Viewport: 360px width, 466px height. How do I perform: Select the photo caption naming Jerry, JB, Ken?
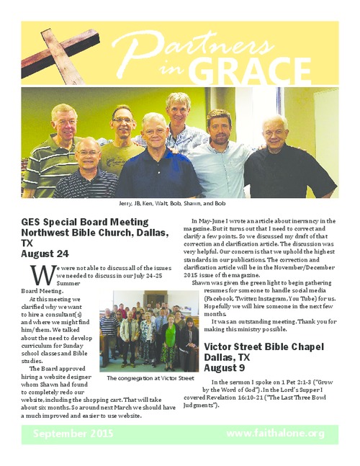tap(180, 204)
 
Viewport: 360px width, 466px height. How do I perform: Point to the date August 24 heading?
tap(45, 254)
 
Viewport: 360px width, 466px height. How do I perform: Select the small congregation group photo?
tap(148, 331)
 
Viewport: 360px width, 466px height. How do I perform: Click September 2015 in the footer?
tap(73, 434)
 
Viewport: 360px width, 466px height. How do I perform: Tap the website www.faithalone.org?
tap(275, 434)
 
